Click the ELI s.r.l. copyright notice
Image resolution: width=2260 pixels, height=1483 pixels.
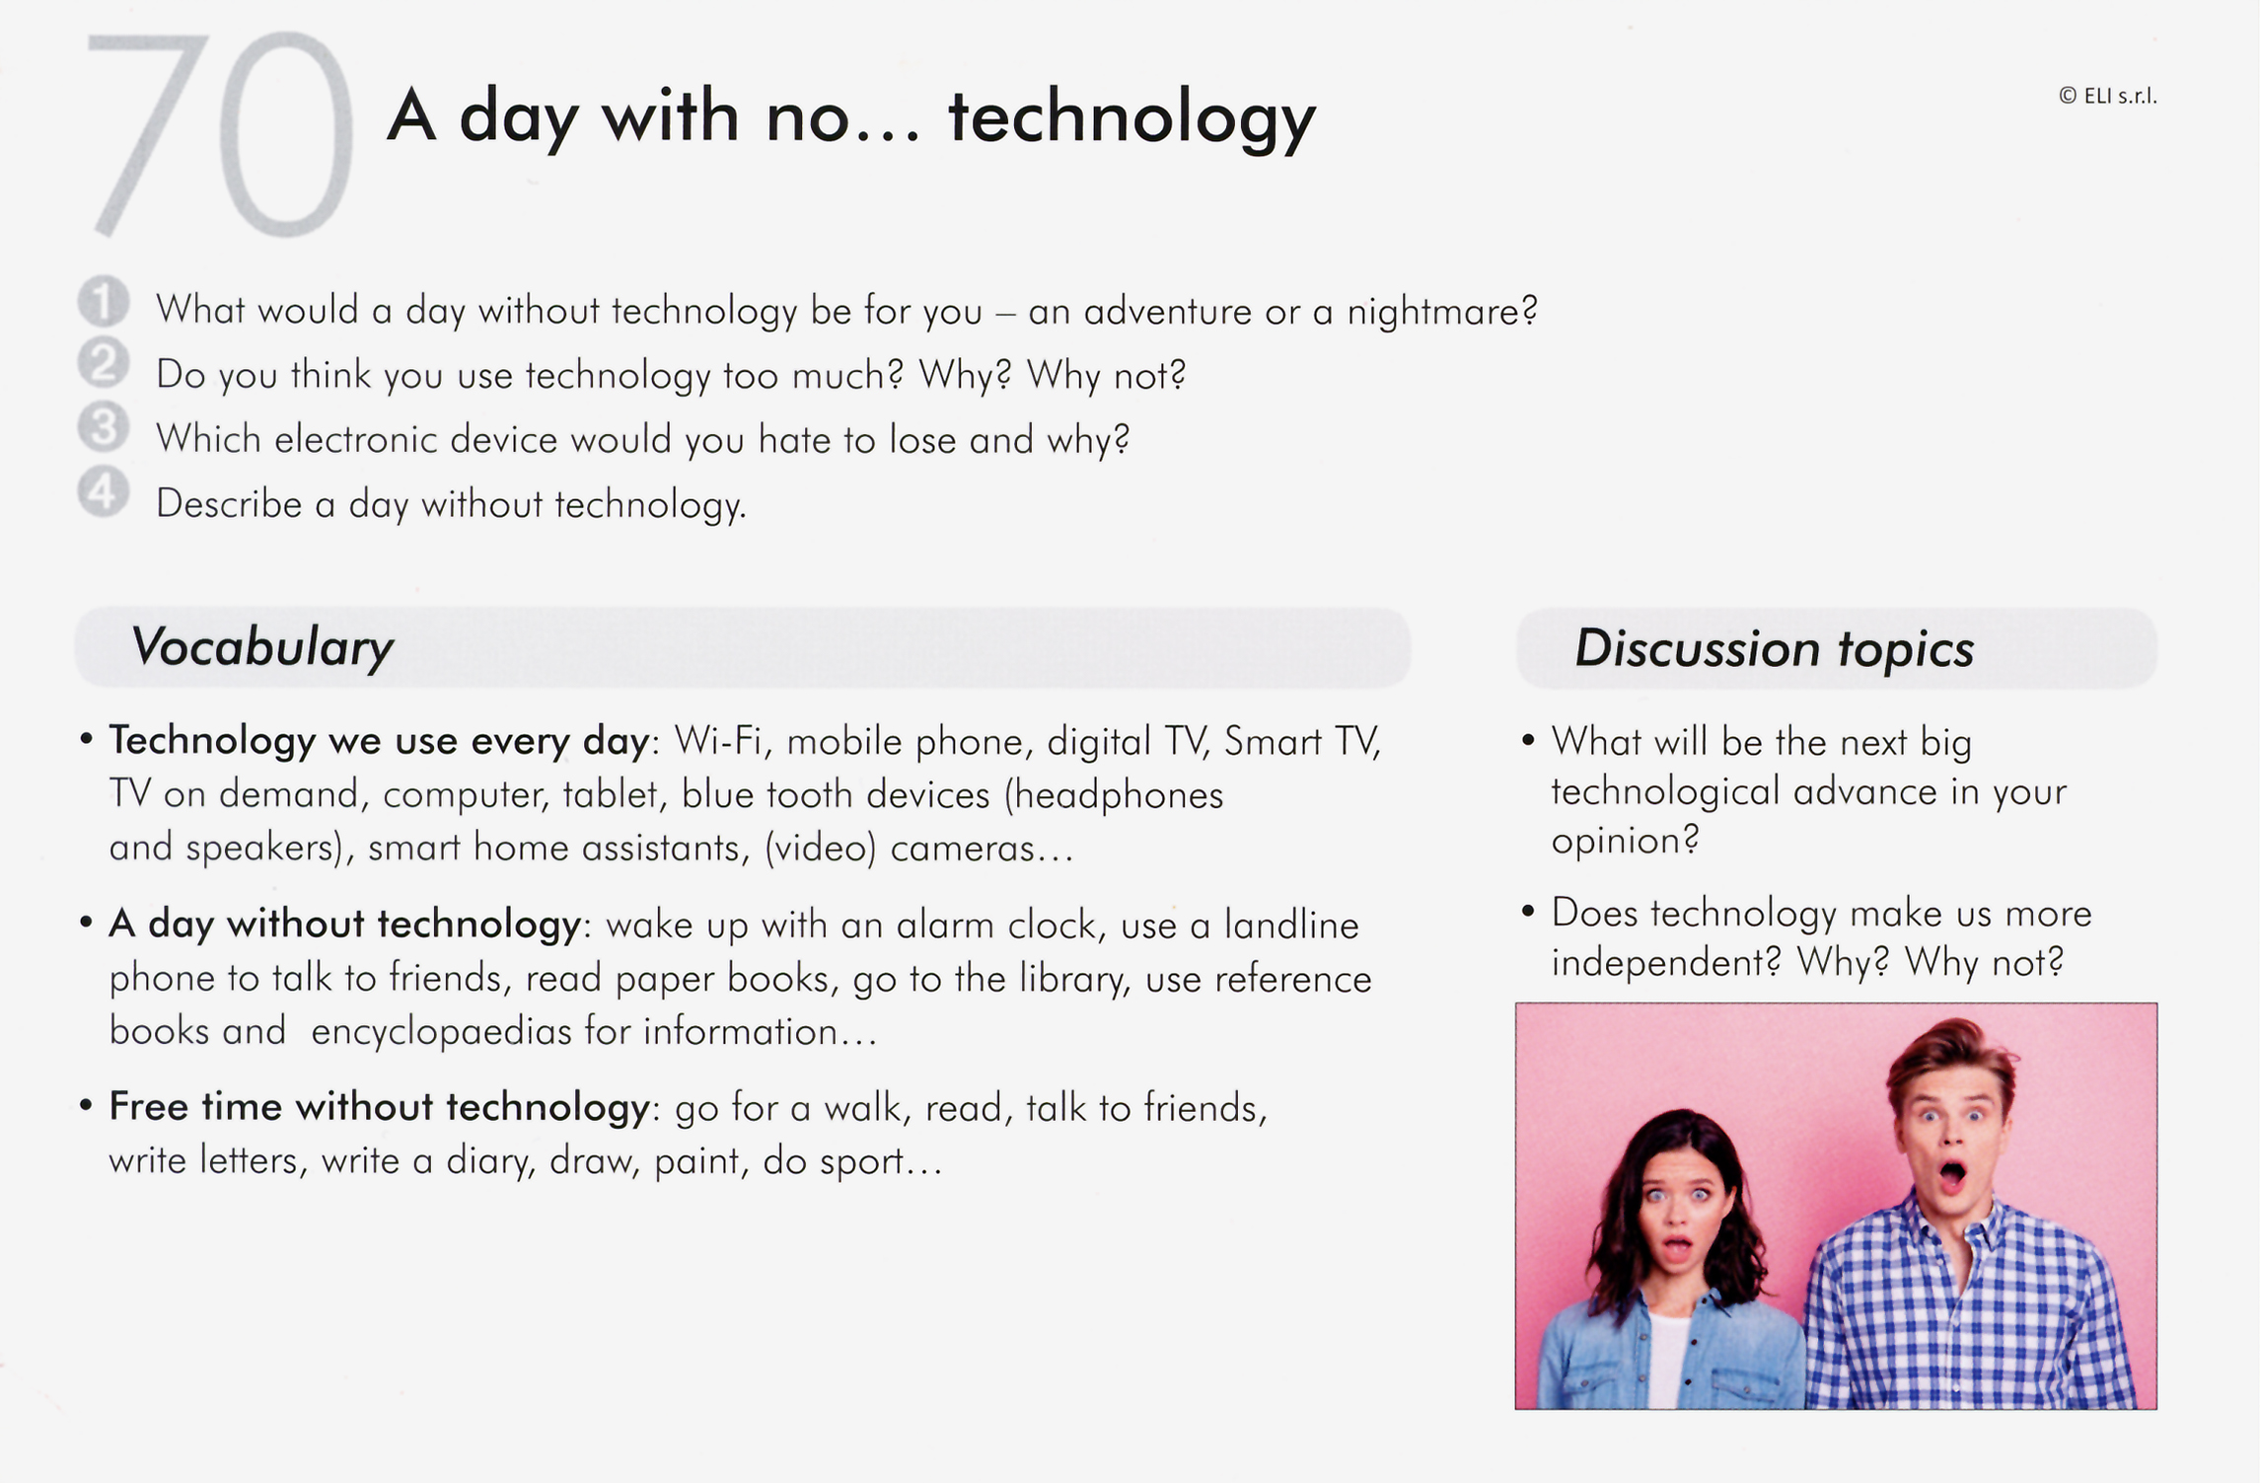2108,96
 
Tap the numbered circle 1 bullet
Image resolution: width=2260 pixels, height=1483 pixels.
104,301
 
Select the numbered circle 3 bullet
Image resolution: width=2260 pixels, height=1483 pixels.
104,427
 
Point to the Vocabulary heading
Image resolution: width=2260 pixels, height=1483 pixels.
262,648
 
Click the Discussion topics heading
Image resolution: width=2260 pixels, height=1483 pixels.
1775,649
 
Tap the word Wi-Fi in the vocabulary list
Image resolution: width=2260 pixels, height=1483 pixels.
720,741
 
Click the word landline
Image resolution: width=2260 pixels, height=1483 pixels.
1291,926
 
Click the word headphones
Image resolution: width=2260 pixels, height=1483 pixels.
1114,795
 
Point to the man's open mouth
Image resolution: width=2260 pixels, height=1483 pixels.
1952,1173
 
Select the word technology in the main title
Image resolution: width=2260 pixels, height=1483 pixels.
1132,119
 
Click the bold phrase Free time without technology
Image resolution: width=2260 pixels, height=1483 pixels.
379,1107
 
